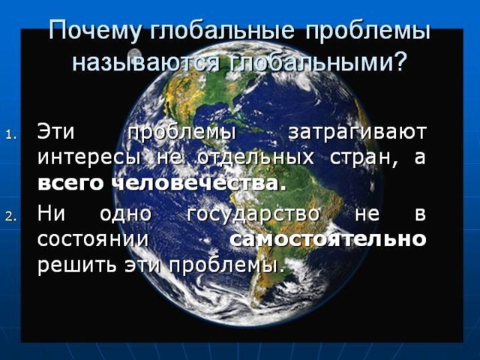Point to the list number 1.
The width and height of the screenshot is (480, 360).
pyautogui.click(x=13, y=135)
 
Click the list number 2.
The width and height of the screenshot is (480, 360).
pyautogui.click(x=13, y=217)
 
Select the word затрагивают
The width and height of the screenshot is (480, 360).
pyautogui.click(x=357, y=133)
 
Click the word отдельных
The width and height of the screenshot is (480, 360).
pyautogui.click(x=256, y=158)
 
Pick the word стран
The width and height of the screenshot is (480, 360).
pyautogui.click(x=364, y=158)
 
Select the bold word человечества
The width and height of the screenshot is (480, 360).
pyautogui.click(x=195, y=183)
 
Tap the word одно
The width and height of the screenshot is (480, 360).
pyautogui.click(x=125, y=214)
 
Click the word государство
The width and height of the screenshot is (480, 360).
pyautogui.click(x=253, y=214)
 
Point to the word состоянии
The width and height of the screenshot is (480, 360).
pyautogui.click(x=93, y=239)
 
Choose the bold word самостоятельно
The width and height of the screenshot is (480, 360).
pyautogui.click(x=328, y=238)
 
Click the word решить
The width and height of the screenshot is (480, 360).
pyautogui.click(x=77, y=265)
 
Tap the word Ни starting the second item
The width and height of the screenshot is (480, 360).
pyautogui.click(x=51, y=213)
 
